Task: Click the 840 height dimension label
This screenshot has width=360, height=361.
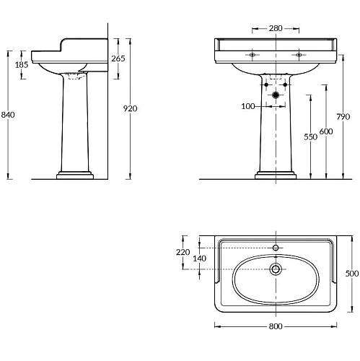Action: (8, 115)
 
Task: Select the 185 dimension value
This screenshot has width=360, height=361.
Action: (22, 64)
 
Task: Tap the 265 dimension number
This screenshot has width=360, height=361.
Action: (118, 58)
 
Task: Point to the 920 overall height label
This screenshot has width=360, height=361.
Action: (130, 108)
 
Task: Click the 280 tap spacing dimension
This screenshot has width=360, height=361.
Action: (276, 28)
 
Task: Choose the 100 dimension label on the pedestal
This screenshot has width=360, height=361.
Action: (248, 106)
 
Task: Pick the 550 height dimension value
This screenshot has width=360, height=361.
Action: (310, 137)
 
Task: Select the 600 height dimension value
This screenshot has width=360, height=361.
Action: (326, 131)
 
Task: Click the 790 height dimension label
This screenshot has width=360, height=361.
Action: (343, 117)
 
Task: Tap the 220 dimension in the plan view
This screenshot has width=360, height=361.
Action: (183, 252)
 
